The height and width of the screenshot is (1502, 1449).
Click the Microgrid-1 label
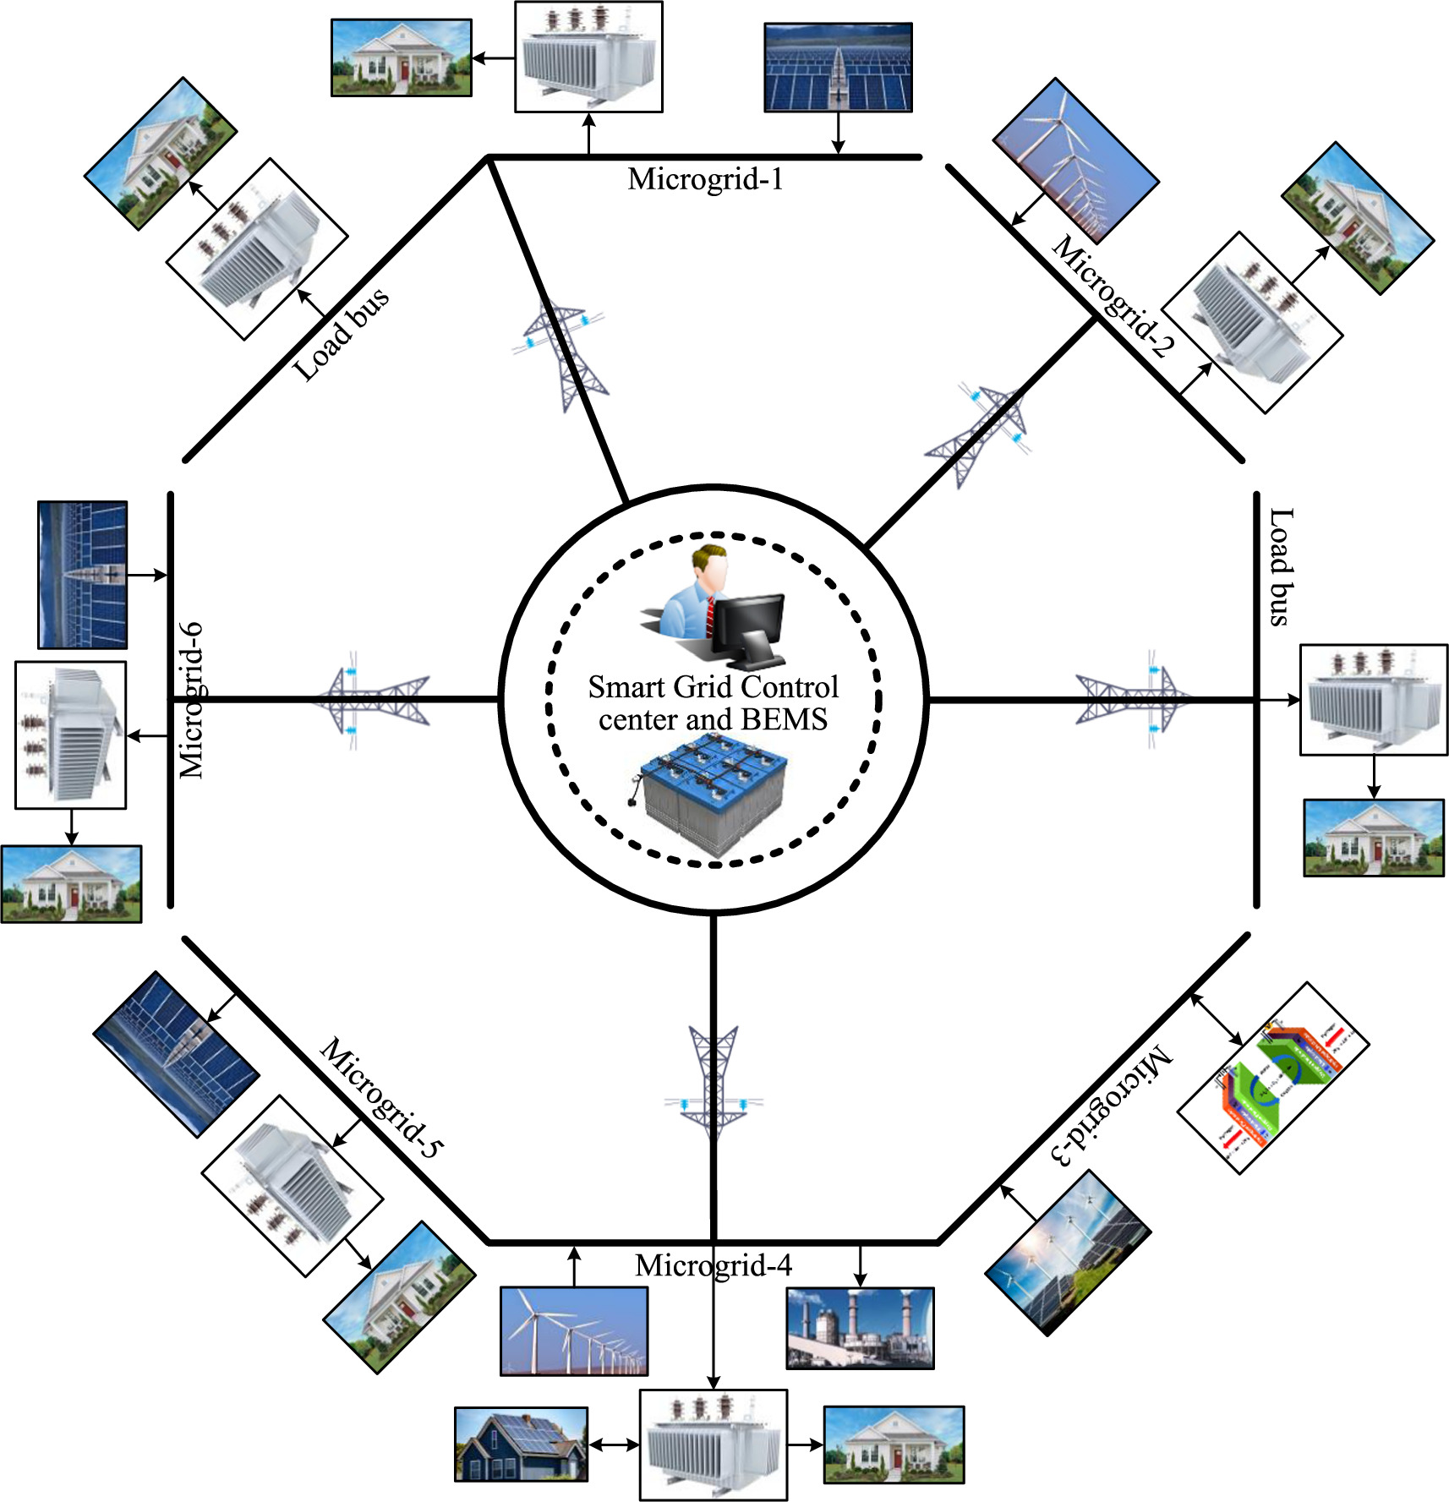[x=705, y=179]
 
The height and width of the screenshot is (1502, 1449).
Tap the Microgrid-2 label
[x=1113, y=296]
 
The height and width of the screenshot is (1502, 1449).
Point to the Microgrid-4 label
[x=713, y=1265]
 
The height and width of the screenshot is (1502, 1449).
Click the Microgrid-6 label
[x=192, y=700]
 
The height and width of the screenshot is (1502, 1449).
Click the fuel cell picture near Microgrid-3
[x=1273, y=1078]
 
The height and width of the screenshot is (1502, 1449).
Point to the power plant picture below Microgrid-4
[x=860, y=1328]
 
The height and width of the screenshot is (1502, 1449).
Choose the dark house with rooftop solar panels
[x=521, y=1444]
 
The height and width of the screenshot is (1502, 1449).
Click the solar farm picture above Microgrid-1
[x=838, y=68]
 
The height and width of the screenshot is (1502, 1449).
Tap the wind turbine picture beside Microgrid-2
[x=1074, y=161]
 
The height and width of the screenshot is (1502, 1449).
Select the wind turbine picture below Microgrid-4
[x=574, y=1331]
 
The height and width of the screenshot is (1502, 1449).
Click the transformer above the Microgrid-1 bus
[x=588, y=57]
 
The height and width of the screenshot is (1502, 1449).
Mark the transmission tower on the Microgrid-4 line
[x=714, y=1083]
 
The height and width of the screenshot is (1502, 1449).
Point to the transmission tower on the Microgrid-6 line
[x=370, y=699]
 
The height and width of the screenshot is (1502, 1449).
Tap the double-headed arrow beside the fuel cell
[x=1217, y=1019]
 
